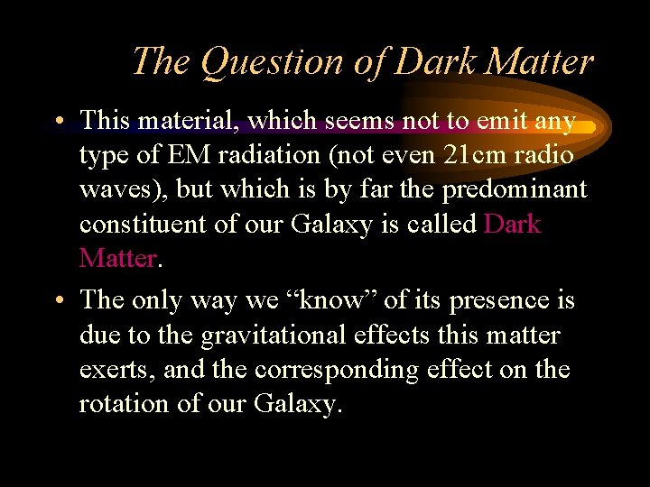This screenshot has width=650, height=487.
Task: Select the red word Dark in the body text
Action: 512,224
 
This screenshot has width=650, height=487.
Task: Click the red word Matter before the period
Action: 117,259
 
